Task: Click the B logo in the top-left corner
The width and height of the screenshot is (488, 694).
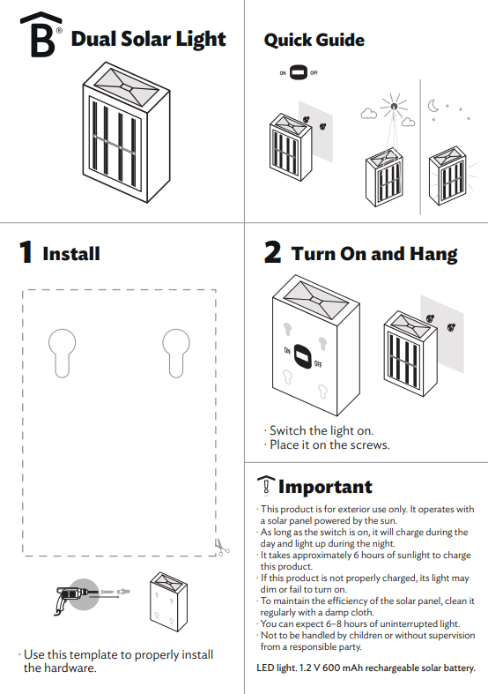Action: point(36,38)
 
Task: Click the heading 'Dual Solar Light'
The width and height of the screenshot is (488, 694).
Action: point(148,39)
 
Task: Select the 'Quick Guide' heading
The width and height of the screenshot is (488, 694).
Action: point(314,40)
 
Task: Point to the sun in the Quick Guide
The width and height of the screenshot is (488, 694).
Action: point(393,108)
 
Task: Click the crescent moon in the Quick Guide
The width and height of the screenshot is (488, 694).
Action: point(435,107)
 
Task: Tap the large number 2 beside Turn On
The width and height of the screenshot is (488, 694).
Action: point(273,254)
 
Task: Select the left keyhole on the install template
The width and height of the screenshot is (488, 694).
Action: point(62,352)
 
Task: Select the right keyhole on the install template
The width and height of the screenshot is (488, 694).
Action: point(175,352)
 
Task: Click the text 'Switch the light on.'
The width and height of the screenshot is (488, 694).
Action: point(321,430)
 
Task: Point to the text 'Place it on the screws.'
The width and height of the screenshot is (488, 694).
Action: point(329,444)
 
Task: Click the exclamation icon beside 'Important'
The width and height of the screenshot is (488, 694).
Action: point(264,486)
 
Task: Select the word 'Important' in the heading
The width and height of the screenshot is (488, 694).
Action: point(325,487)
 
